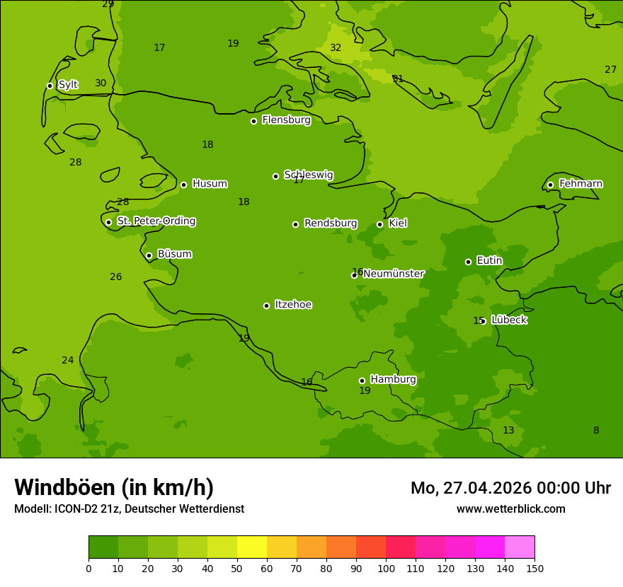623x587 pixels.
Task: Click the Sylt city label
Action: coord(68,85)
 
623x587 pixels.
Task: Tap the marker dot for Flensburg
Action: coord(253,121)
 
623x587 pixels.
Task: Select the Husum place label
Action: coord(210,184)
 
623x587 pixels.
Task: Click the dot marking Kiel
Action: coord(379,224)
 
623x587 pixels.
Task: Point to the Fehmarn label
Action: coord(581,184)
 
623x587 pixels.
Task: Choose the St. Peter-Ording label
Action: coord(156,221)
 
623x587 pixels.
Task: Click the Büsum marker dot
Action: coord(149,255)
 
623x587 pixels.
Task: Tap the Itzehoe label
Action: coord(293,305)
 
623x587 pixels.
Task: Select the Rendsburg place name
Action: coord(331,223)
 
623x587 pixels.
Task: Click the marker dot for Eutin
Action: coord(468,262)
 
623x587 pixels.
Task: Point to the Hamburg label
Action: coord(393,380)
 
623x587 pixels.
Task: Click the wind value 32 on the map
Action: coord(336,48)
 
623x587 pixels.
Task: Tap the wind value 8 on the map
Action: coord(596,431)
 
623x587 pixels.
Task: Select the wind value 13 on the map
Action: coord(508,431)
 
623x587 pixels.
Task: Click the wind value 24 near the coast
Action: coord(67,361)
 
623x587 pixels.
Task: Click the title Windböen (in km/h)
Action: coord(114,487)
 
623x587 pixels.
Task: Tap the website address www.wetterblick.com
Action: coord(510,509)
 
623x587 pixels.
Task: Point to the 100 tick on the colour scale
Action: coord(386,568)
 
